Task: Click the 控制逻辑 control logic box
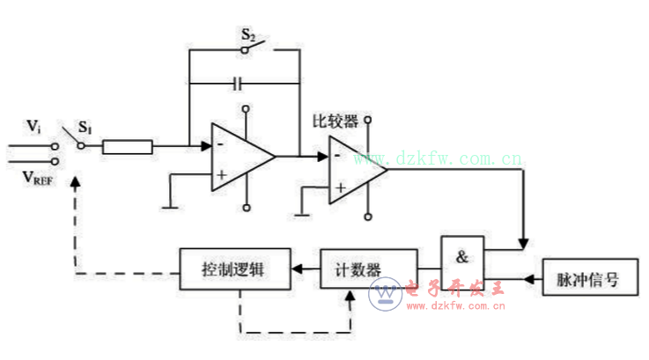click(x=234, y=265)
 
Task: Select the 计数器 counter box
click(x=368, y=265)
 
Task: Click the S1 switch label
click(x=85, y=129)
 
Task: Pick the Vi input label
click(x=33, y=127)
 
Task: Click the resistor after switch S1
click(x=128, y=147)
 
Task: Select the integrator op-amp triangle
click(x=240, y=158)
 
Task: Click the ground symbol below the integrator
click(x=167, y=206)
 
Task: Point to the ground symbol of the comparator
click(x=301, y=211)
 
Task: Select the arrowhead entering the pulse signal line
click(x=530, y=281)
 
